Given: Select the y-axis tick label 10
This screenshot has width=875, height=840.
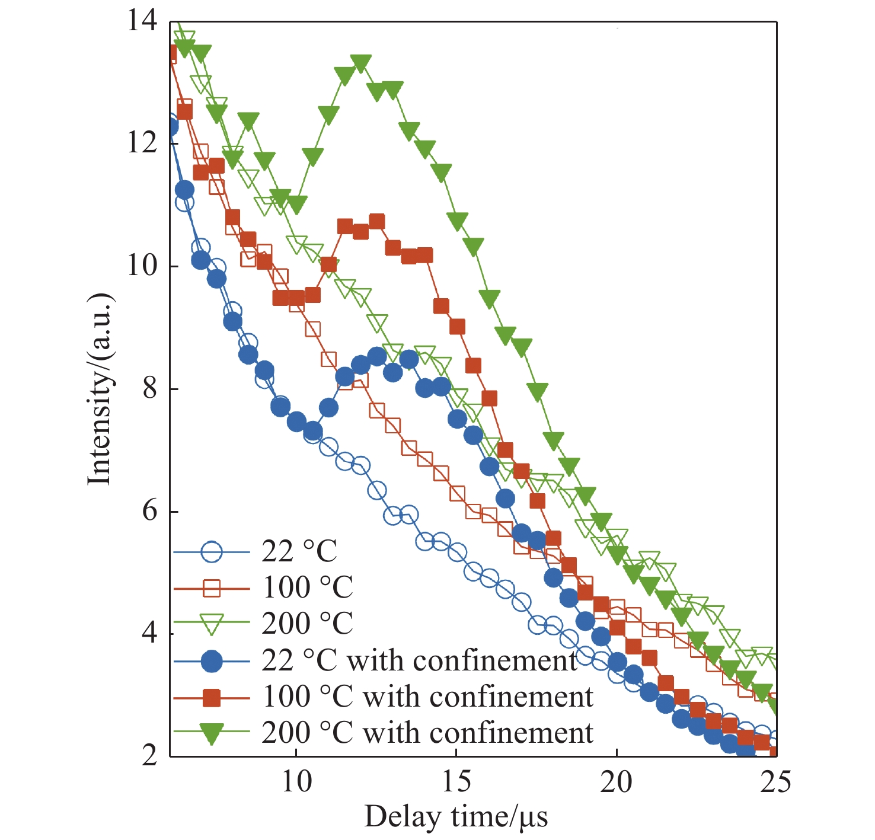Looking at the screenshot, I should [142, 266].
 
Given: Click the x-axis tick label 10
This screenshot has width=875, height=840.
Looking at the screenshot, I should [296, 782].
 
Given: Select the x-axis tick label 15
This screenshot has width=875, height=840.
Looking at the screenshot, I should [456, 782].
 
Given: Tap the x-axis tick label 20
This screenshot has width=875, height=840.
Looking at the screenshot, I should [617, 782].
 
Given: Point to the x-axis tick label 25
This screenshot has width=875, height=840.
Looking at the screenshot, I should [775, 782].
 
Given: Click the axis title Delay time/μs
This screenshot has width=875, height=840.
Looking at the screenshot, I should [456, 817].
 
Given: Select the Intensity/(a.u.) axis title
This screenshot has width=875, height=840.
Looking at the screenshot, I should [100, 389].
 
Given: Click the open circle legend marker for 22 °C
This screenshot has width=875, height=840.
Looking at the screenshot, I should [212, 552].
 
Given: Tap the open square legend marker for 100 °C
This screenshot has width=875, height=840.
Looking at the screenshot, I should [212, 589].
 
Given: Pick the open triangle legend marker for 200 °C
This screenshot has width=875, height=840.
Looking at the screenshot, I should [212, 625].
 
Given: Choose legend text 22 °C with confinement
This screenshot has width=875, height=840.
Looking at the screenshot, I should [419, 660].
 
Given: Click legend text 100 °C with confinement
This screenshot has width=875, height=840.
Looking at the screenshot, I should [427, 697].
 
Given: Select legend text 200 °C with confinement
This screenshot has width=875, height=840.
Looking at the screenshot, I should [427, 733].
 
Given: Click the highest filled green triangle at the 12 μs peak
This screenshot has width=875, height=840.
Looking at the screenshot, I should [360, 63].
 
